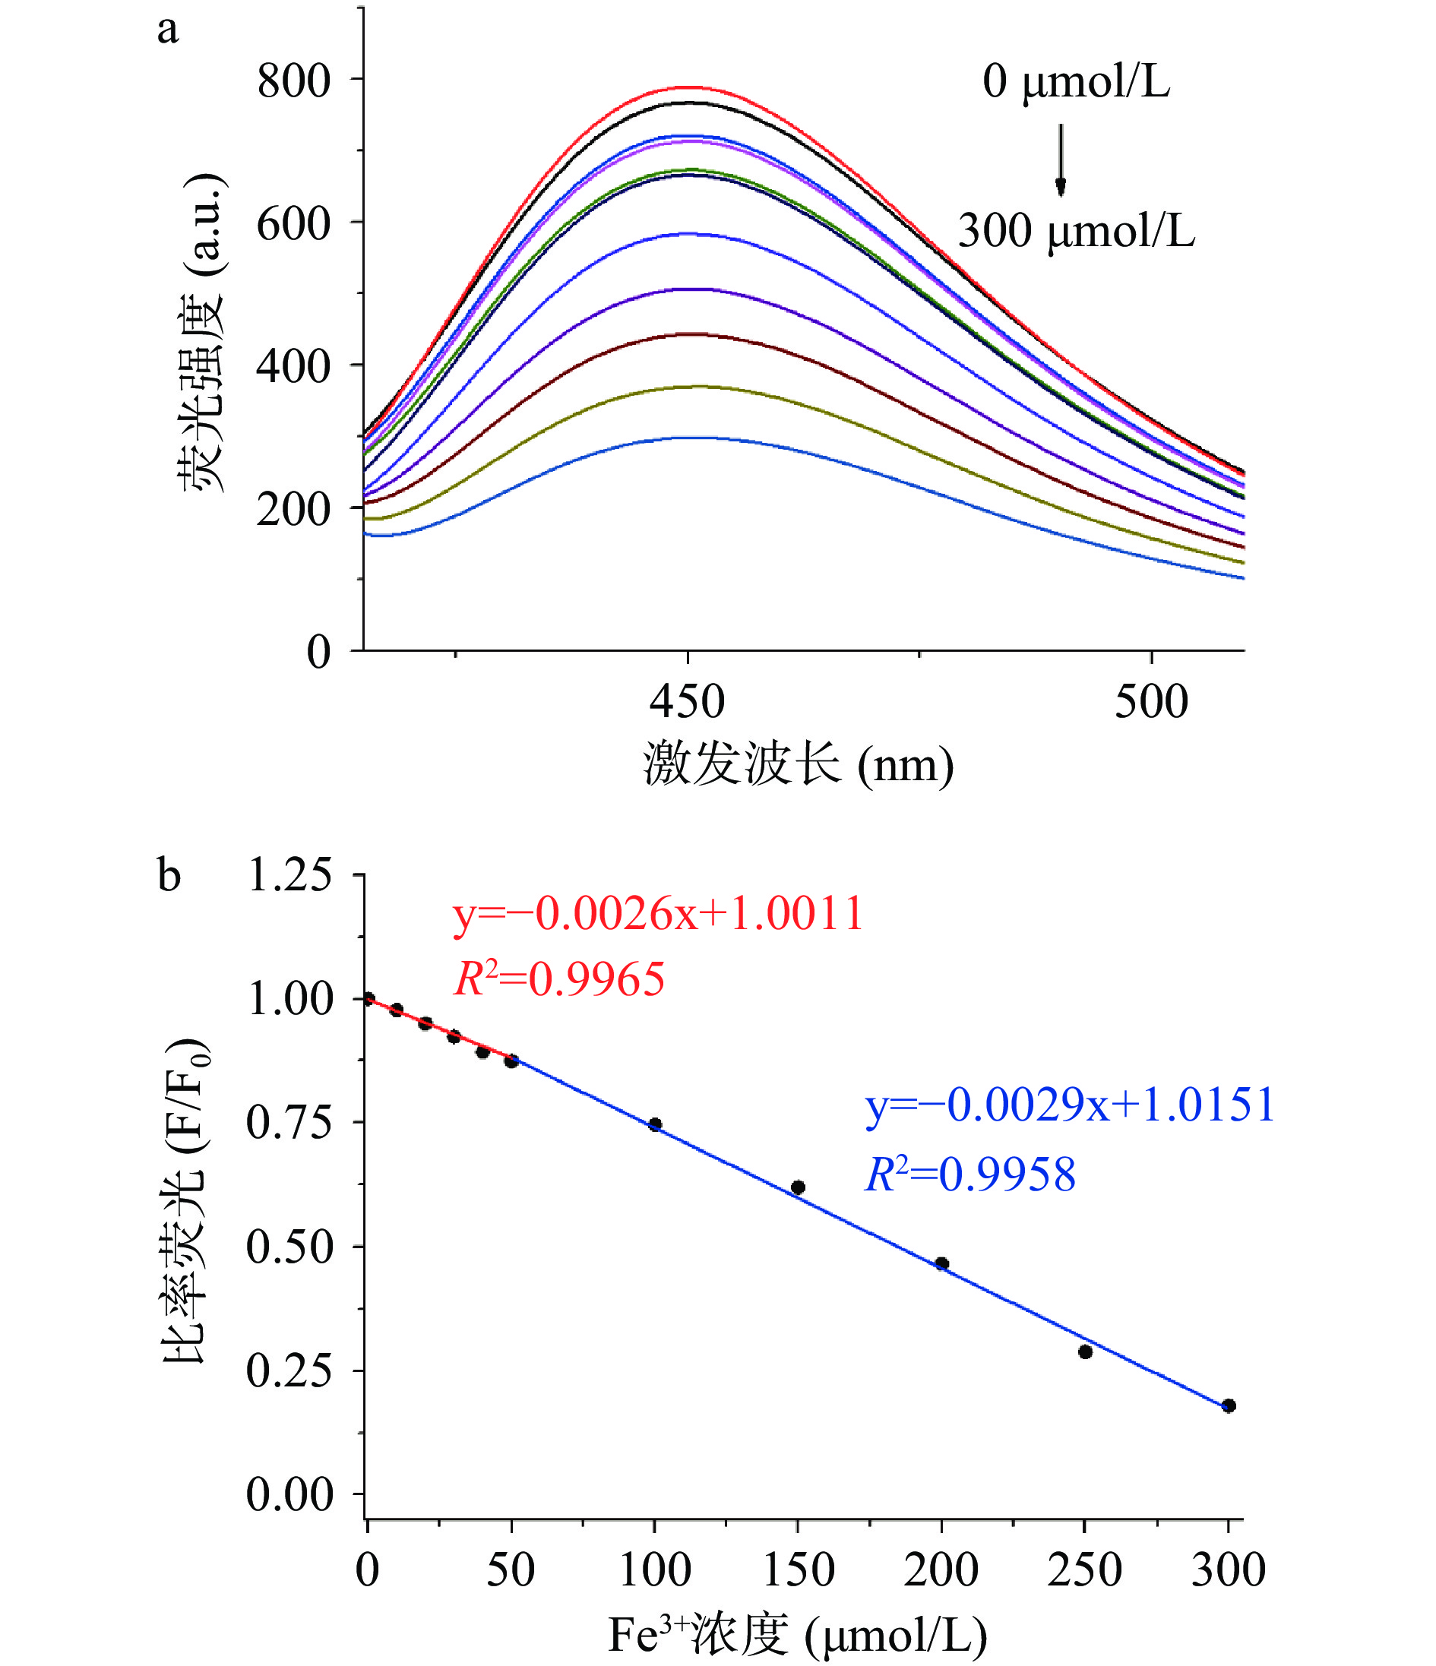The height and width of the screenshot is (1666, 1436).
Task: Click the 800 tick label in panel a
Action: (x=293, y=81)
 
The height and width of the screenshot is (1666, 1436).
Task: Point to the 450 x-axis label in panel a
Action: (x=687, y=701)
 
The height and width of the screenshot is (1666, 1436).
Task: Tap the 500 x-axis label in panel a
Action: (x=1150, y=701)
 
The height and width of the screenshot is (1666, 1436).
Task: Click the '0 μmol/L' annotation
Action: (x=1076, y=81)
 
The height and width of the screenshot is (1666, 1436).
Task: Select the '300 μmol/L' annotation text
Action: (x=1076, y=231)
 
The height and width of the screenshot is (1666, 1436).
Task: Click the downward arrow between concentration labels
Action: (x=1061, y=160)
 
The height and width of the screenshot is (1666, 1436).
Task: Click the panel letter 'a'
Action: (x=167, y=30)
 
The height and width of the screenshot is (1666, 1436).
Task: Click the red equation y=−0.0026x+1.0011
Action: (x=658, y=914)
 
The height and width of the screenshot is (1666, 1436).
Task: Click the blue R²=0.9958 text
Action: (x=969, y=1174)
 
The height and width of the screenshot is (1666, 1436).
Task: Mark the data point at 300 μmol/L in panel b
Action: (x=1228, y=1406)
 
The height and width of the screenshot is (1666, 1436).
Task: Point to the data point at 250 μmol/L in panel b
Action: (x=1085, y=1352)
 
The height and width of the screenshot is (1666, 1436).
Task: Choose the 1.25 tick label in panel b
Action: (x=289, y=875)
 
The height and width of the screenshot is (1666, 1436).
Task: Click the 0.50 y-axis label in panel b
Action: (x=289, y=1247)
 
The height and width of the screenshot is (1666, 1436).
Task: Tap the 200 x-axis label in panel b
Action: (x=941, y=1570)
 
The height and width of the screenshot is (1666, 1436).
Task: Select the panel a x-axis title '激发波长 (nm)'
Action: (x=798, y=763)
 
